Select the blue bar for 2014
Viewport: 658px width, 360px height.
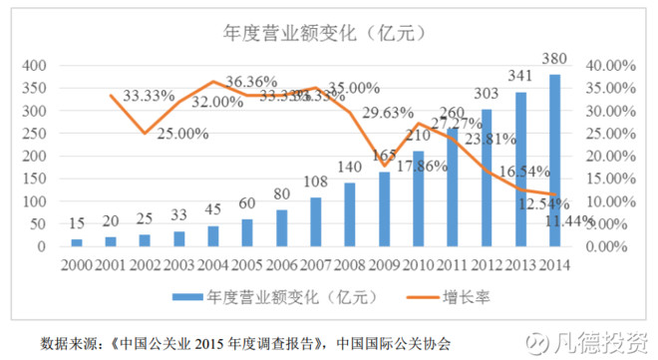pyautogui.click(x=553, y=160)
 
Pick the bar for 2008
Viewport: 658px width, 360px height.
pyautogui.click(x=350, y=213)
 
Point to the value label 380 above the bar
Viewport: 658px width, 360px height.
pyautogui.click(x=554, y=57)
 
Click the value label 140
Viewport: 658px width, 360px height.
pyautogui.click(x=350, y=167)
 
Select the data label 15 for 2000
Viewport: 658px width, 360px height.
pyautogui.click(x=77, y=223)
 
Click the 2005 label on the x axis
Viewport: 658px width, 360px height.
pyautogui.click(x=247, y=265)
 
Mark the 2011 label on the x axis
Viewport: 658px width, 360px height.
pyautogui.click(x=453, y=265)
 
